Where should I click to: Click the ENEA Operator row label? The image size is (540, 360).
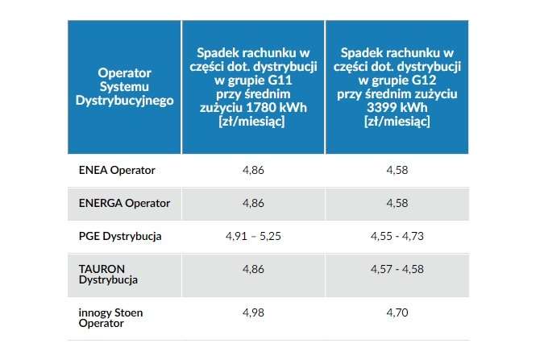117,170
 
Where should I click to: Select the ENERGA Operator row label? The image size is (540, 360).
124,203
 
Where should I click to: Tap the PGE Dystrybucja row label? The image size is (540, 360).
120,237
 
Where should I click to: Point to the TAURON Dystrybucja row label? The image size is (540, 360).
108,275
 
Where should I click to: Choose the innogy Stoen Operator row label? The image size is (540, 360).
110,318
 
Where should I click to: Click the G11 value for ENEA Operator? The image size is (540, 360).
253,170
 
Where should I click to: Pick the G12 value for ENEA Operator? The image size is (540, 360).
397,170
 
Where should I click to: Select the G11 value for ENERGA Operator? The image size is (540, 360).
253,203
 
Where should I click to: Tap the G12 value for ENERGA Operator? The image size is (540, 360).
397,203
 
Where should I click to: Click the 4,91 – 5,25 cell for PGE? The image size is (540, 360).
253,236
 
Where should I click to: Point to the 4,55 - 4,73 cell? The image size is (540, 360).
397,236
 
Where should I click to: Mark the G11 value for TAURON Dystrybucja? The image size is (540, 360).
253,269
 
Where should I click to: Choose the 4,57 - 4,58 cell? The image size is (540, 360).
397,269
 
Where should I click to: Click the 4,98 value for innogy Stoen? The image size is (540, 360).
253,312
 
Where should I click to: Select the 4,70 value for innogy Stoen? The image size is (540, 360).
397,312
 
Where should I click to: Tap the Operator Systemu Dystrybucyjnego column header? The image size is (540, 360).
124,87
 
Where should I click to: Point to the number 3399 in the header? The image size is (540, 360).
381,107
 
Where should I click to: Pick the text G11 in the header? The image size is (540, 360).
280,81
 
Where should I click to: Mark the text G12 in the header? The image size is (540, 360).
424,81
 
